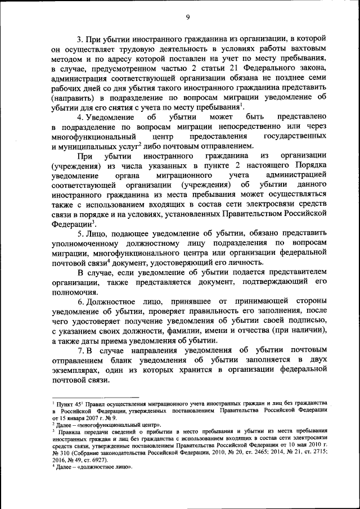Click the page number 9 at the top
tap(187, 17)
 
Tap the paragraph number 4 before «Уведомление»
tap(80, 117)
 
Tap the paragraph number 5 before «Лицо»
tap(80, 233)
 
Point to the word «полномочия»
tap(73, 292)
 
